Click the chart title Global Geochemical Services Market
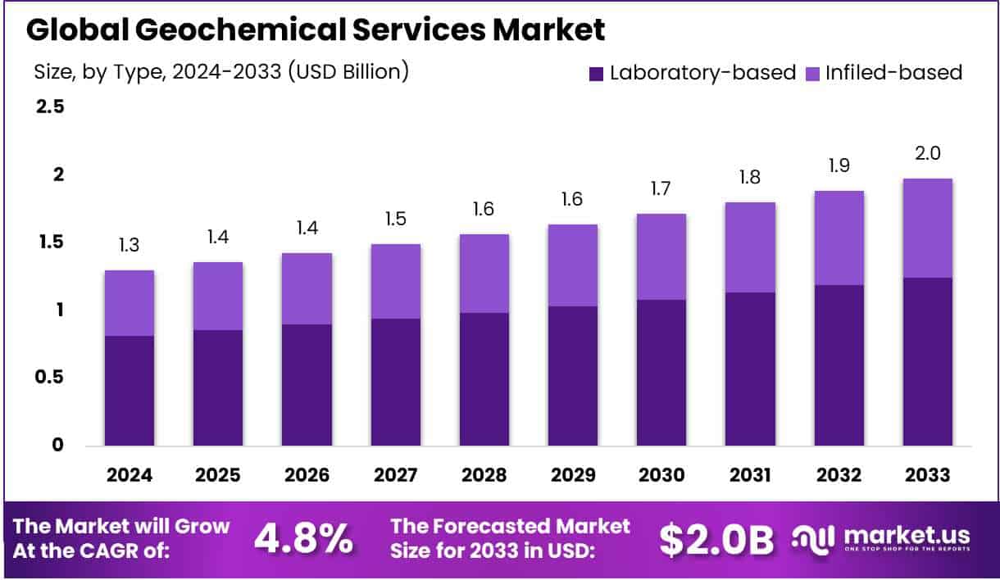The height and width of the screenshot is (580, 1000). (x=316, y=30)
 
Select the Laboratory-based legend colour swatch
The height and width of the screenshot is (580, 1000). (x=596, y=74)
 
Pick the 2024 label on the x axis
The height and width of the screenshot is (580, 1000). (x=129, y=475)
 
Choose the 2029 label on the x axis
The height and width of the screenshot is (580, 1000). (x=571, y=475)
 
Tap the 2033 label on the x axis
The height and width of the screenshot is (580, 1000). (x=926, y=475)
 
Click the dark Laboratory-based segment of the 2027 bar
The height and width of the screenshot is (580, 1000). (x=395, y=382)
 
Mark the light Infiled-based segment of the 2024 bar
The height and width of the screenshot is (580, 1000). (x=129, y=303)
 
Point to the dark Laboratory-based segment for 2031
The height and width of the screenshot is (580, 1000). (x=749, y=369)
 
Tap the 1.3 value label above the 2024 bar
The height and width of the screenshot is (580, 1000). (x=129, y=246)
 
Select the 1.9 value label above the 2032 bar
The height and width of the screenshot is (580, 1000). (x=838, y=166)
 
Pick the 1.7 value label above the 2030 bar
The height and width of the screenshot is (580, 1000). (x=661, y=189)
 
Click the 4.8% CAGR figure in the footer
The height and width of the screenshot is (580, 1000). (x=303, y=538)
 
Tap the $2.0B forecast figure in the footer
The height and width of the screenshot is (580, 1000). (x=716, y=538)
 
